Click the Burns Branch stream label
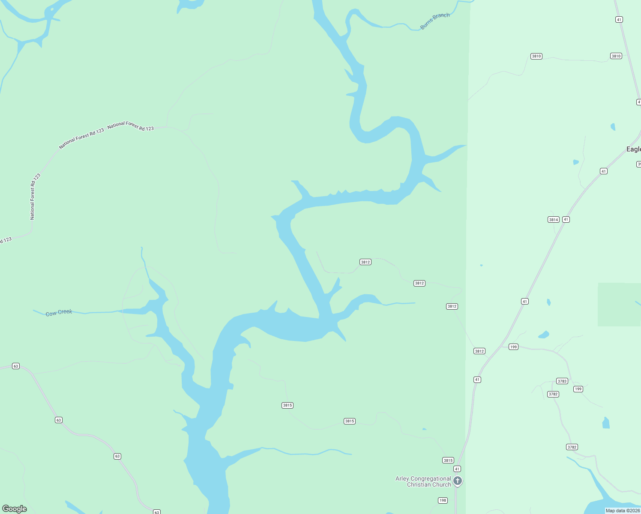(435, 21)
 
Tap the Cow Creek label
(59, 313)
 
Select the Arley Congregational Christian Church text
(423, 481)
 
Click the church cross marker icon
(458, 481)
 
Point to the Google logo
(15, 509)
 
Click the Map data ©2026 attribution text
(623, 511)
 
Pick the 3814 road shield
(554, 220)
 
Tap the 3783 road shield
(562, 381)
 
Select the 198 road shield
(443, 500)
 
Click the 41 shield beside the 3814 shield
(566, 220)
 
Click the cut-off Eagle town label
(633, 149)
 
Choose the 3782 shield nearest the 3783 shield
(553, 394)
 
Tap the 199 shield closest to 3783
(578, 389)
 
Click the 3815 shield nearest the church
(448, 460)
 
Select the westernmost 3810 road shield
(536, 56)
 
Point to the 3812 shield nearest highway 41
(479, 351)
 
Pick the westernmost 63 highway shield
(16, 366)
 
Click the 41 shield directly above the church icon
(457, 469)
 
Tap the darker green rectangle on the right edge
(619, 304)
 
